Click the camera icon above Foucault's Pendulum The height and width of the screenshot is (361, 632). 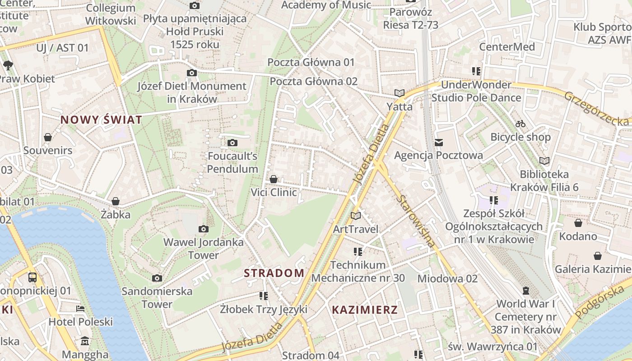[x=232, y=143]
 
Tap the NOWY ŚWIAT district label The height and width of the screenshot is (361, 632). [x=101, y=120]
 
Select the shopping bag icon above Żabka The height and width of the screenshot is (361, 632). [x=116, y=201]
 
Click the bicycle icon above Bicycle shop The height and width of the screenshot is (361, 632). [x=520, y=124]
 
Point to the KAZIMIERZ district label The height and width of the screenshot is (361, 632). [x=365, y=310]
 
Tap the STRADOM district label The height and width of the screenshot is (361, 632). [x=274, y=273]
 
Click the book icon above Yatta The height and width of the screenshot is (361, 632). [x=399, y=93]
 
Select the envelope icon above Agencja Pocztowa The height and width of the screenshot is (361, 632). [x=438, y=143]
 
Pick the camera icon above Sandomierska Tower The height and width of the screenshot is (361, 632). [x=157, y=278]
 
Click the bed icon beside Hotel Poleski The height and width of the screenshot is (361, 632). [x=80, y=309]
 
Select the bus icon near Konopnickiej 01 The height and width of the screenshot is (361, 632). [x=32, y=277]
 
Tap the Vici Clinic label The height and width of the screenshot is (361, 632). [x=274, y=192]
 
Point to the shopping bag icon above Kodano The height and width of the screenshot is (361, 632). [x=578, y=223]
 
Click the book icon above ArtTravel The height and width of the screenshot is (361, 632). [x=356, y=216]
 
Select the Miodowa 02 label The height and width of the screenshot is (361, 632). [x=447, y=278]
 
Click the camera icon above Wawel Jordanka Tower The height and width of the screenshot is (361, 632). [x=203, y=229]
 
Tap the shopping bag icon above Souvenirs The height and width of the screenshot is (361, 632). [x=48, y=137]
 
